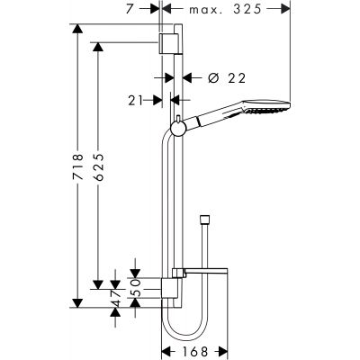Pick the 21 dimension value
click(x=133, y=100)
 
